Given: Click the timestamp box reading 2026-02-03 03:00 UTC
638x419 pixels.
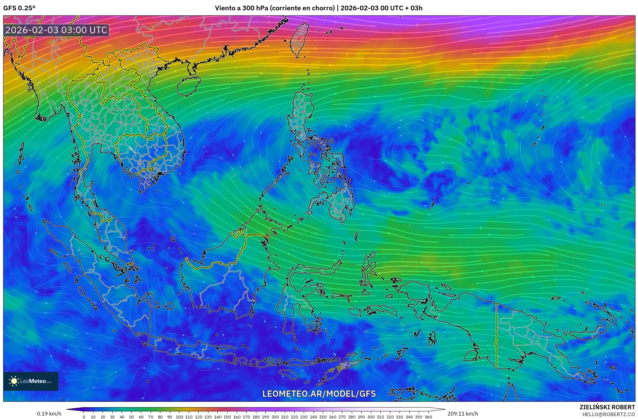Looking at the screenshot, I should coord(56,30).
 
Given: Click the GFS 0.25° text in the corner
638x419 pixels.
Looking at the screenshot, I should coord(19,8).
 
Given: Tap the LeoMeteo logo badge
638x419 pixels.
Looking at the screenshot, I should coord(31,381).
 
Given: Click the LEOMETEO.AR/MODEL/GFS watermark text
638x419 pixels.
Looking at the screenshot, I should coord(319,394).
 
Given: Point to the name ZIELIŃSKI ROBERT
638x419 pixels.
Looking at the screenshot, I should coord(607,407).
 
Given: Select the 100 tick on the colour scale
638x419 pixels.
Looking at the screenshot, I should coord(180,417).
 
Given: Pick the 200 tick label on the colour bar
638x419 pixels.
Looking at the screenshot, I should coord(275,417).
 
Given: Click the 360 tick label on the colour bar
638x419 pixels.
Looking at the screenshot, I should coord(428,417).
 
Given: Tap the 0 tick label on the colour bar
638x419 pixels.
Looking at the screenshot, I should coord(84,417).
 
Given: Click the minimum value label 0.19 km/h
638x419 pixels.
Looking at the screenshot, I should coord(49,414).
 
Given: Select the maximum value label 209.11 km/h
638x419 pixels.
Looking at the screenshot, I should coord(463,414).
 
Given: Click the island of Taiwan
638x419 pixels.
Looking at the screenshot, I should coord(299,39).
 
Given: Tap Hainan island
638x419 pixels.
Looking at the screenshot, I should coord(189,86).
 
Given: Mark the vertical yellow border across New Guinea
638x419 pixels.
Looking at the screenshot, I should coord(496,335).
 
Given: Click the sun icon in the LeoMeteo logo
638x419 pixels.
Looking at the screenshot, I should coord(14,381).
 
